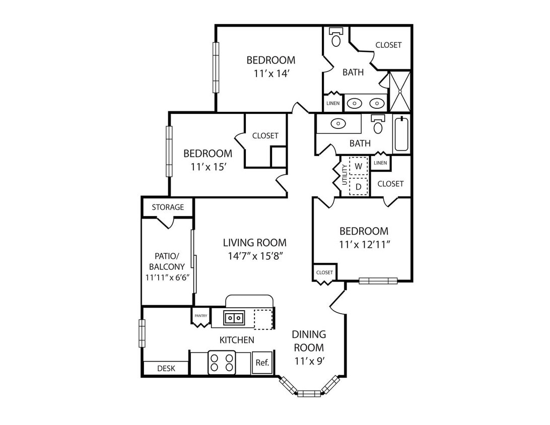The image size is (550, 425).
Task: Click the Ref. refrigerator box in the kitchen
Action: (x=262, y=362)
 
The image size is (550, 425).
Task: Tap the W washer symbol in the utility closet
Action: (x=358, y=166)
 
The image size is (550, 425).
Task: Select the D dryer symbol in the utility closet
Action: (x=358, y=186)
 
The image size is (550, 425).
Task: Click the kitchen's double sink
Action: (x=234, y=318)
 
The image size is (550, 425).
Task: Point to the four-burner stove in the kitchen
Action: (x=222, y=362)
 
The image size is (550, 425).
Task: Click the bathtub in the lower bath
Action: (x=401, y=134)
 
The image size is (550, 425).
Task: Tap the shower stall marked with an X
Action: (x=400, y=92)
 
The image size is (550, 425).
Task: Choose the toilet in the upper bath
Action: (x=336, y=38)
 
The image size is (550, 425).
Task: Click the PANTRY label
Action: (x=201, y=316)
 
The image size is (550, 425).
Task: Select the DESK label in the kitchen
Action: (x=166, y=368)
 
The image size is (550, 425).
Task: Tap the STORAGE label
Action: (x=168, y=207)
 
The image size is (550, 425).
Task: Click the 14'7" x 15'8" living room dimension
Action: (x=255, y=256)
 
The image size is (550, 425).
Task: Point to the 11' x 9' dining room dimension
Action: (x=309, y=361)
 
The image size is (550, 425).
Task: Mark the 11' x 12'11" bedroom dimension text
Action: (x=365, y=244)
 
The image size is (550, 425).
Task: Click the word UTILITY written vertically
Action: (x=345, y=175)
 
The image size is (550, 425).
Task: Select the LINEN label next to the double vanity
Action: (x=333, y=103)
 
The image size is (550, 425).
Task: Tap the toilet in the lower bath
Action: (x=378, y=124)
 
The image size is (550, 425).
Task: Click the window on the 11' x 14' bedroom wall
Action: (x=216, y=67)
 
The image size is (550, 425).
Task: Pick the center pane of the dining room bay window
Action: (x=309, y=393)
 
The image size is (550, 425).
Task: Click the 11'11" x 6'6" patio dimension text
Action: (x=168, y=277)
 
